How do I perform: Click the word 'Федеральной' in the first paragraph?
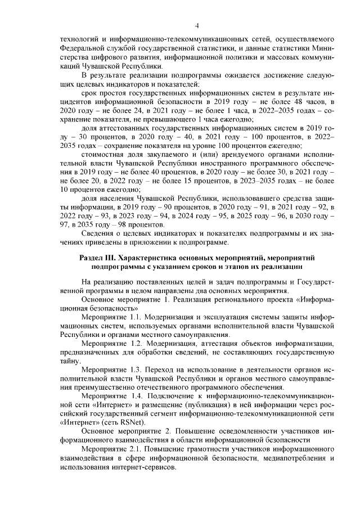click(83, 49)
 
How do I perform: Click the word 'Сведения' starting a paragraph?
click(98, 234)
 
